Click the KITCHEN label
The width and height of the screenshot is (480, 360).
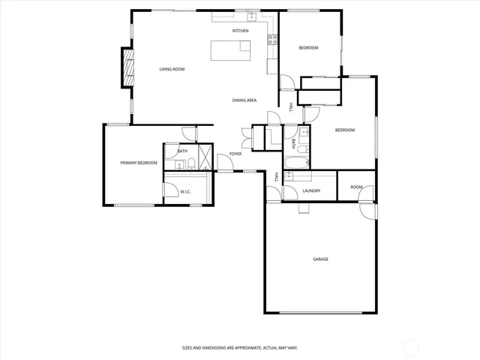point(240,31)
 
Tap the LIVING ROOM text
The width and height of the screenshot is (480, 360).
point(172,69)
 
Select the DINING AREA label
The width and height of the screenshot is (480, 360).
point(244,100)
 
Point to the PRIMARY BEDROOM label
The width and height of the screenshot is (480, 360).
point(139,163)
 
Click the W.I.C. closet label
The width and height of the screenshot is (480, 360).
point(184,192)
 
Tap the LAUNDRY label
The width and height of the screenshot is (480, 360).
point(311,191)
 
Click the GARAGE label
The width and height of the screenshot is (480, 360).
point(320,259)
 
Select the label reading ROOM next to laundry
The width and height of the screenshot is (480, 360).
point(356,187)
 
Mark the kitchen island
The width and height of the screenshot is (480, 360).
point(231,50)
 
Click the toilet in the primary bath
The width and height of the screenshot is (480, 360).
point(191,164)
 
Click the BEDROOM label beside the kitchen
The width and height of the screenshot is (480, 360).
point(308,48)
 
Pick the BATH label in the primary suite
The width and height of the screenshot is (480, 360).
point(182,151)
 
